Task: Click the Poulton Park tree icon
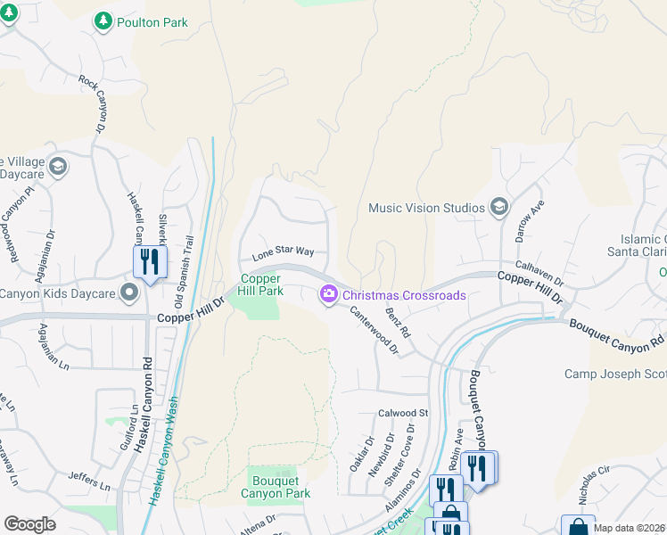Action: point(104,21)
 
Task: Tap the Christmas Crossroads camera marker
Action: point(328,294)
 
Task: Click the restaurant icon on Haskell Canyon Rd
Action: point(148,261)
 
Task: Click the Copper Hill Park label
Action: point(259,284)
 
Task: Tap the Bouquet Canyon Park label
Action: point(276,486)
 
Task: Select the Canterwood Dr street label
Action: point(373,329)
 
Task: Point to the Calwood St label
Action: point(403,414)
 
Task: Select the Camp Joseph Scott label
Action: point(614,374)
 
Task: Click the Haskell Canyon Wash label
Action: point(164,450)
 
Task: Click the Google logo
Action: point(29,524)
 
